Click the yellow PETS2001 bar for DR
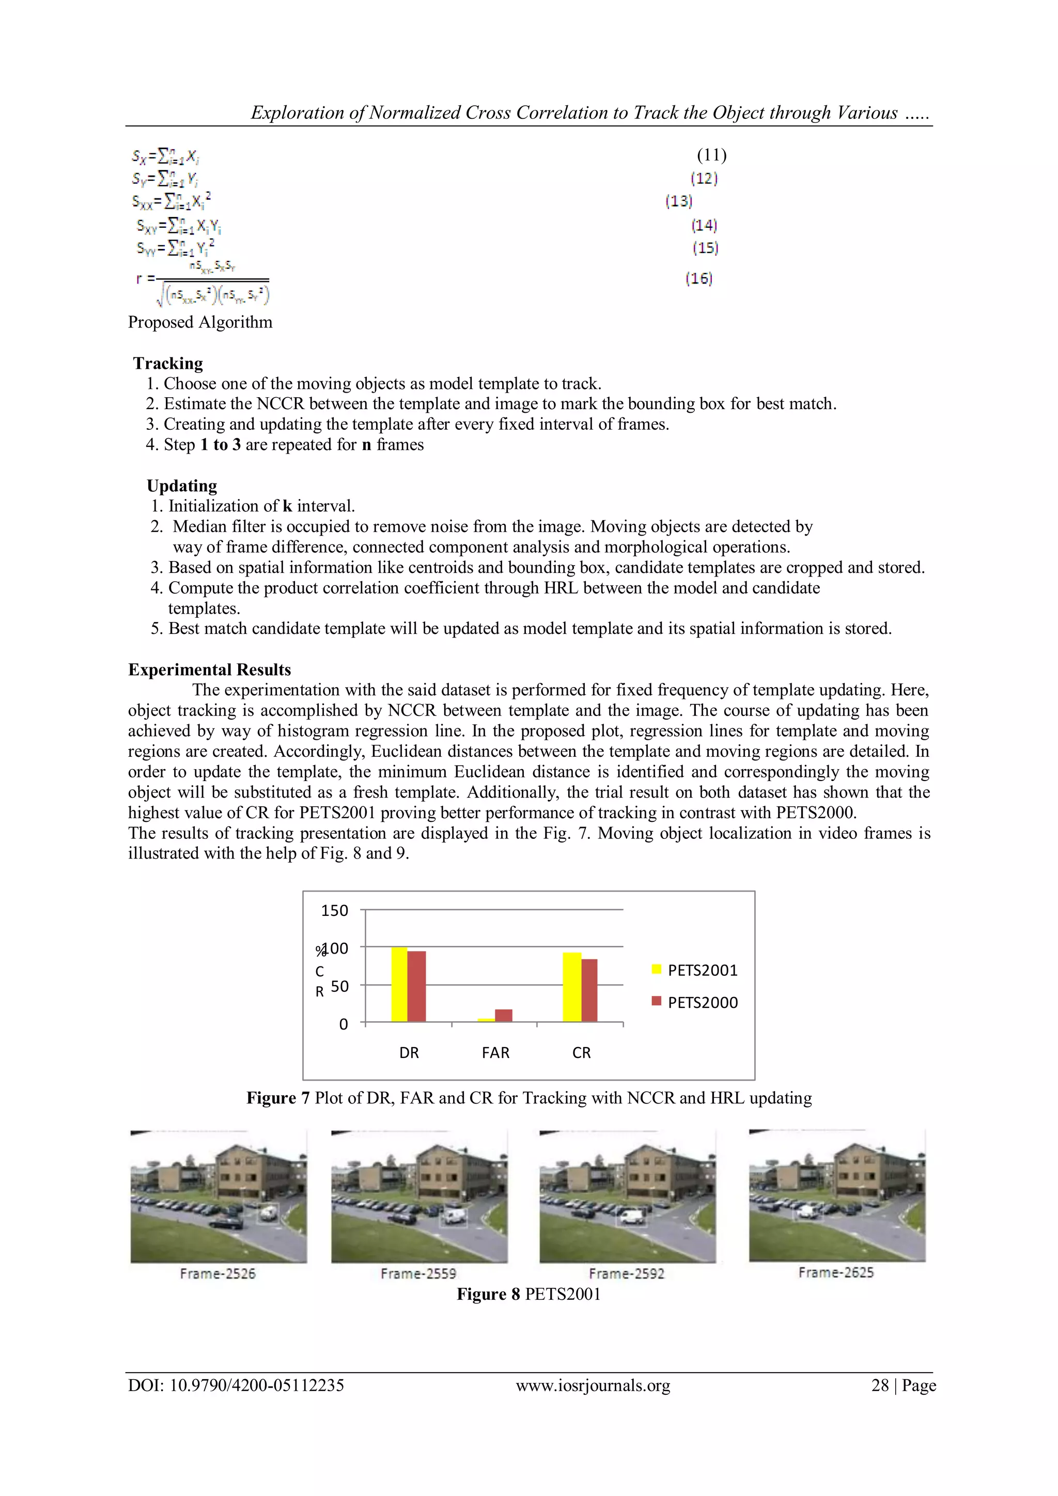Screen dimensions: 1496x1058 pyautogui.click(x=399, y=985)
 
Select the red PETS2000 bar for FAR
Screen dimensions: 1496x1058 pyautogui.click(x=504, y=1015)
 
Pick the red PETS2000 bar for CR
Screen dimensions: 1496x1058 pyautogui.click(x=589, y=990)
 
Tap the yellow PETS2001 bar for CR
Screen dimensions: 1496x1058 pyautogui.click(x=571, y=987)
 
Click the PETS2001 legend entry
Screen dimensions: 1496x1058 pyautogui.click(x=694, y=970)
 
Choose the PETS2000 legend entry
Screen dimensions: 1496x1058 pyautogui.click(x=694, y=1002)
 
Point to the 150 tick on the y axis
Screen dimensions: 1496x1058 pyautogui.click(x=334, y=910)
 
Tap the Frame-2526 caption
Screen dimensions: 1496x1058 pyautogui.click(x=217, y=1273)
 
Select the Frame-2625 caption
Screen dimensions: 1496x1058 pyautogui.click(x=836, y=1272)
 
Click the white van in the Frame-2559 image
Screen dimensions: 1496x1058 pyautogui.click(x=454, y=1216)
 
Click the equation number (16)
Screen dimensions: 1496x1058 pyautogui.click(x=698, y=279)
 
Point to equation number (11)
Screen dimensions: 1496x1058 pyautogui.click(x=711, y=155)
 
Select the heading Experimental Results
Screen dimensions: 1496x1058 pyautogui.click(x=209, y=670)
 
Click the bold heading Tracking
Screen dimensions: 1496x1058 pyautogui.click(x=168, y=363)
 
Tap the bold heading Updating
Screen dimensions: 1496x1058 pyautogui.click(x=182, y=486)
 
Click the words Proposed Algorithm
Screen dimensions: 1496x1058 pyautogui.click(x=200, y=322)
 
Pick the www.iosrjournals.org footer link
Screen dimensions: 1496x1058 pyautogui.click(x=593, y=1385)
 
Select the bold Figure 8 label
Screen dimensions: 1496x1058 pyautogui.click(x=488, y=1294)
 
